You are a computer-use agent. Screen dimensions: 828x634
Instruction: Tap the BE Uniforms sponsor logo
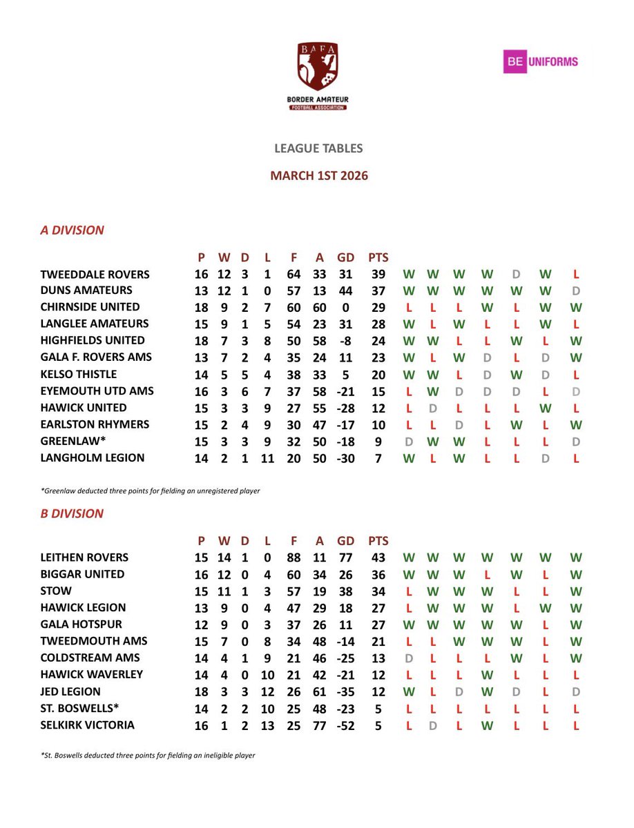point(540,61)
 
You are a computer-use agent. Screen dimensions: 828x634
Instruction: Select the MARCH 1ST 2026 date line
point(318,176)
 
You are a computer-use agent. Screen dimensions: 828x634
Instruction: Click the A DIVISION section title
point(72,230)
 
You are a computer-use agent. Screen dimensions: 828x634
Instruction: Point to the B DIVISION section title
point(72,513)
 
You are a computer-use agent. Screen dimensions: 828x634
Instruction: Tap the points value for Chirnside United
point(378,308)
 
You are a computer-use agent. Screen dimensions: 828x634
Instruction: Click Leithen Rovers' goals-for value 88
point(294,558)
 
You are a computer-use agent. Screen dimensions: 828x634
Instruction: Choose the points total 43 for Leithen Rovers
point(378,558)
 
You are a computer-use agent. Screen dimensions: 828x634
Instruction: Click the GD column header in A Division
point(345,258)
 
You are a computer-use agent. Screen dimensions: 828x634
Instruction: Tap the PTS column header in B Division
point(378,542)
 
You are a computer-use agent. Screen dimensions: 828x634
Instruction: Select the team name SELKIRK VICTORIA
point(87,725)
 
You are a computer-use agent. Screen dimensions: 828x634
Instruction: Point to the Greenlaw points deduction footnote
point(151,490)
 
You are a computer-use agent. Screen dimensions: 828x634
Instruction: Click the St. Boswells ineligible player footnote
point(148,756)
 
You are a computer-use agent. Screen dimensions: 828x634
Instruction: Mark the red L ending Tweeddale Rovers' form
point(575,275)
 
